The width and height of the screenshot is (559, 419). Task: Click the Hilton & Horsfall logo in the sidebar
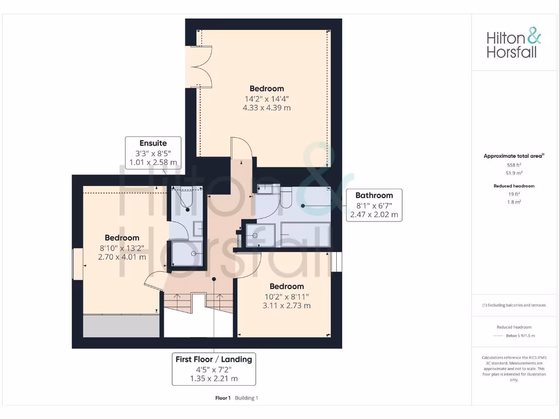click(514, 45)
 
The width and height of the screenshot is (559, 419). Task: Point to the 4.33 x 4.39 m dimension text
click(266, 108)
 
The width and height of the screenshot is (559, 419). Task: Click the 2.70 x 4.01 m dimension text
click(122, 257)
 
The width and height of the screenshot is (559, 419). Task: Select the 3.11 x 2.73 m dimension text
click(287, 306)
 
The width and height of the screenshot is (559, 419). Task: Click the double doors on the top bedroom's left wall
click(197, 67)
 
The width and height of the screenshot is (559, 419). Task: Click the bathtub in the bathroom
click(305, 235)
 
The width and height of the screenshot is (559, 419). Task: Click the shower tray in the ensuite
click(187, 254)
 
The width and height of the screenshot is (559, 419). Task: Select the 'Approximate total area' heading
click(514, 156)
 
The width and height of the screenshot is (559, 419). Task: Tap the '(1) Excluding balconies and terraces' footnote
click(514, 305)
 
